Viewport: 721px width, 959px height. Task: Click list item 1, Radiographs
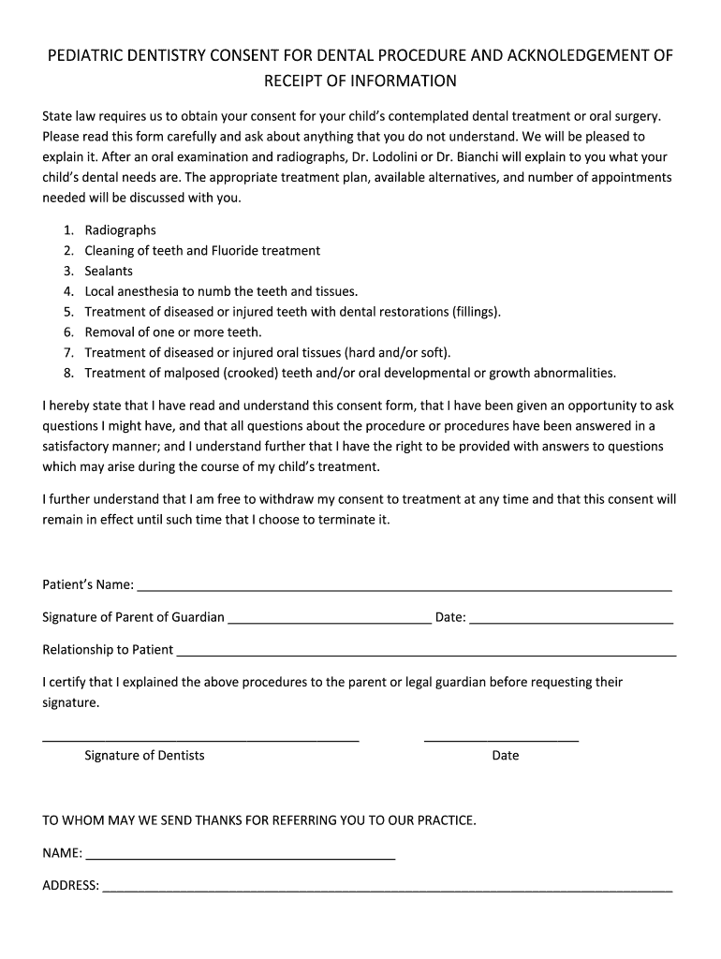pyautogui.click(x=120, y=230)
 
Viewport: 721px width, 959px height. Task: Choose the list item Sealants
pyautogui.click(x=109, y=271)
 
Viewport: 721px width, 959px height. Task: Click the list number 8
pyautogui.click(x=68, y=373)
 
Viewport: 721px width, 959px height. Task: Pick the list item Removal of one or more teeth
pyautogui.click(x=173, y=332)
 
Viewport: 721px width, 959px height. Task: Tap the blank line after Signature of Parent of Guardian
pyautogui.click(x=329, y=621)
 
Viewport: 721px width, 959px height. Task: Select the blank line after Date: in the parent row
pyautogui.click(x=571, y=621)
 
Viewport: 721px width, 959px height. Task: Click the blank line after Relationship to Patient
pyautogui.click(x=426, y=654)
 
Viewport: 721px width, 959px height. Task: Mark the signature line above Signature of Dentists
pyautogui.click(x=200, y=740)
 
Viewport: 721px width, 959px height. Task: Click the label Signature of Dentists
pyautogui.click(x=144, y=756)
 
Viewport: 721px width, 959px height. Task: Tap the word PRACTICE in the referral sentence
pyautogui.click(x=446, y=820)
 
